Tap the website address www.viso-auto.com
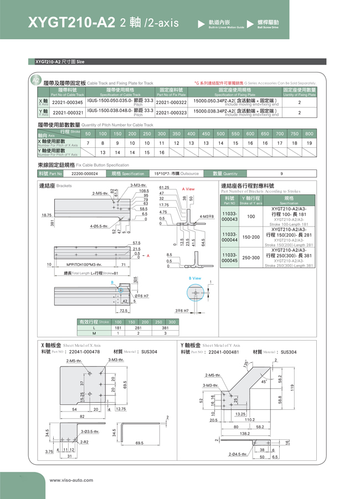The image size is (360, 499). click(x=71, y=480)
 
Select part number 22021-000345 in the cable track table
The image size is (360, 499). click(x=67, y=102)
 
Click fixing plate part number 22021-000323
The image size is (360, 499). click(x=172, y=112)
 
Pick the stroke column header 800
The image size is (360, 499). click(x=309, y=133)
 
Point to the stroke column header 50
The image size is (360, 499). click(x=88, y=133)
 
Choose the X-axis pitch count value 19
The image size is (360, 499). click(x=309, y=143)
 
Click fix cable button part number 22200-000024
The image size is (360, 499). click(x=84, y=173)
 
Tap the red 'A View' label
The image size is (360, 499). click(x=188, y=189)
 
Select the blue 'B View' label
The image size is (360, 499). click(x=195, y=278)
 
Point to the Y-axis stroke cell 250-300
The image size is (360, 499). click(x=251, y=258)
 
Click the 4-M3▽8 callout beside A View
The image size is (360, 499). click(x=207, y=216)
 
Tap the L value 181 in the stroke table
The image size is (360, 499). click(x=117, y=327)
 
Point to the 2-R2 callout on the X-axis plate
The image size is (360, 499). click(x=84, y=442)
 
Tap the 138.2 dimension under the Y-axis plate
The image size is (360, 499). click(x=244, y=434)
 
